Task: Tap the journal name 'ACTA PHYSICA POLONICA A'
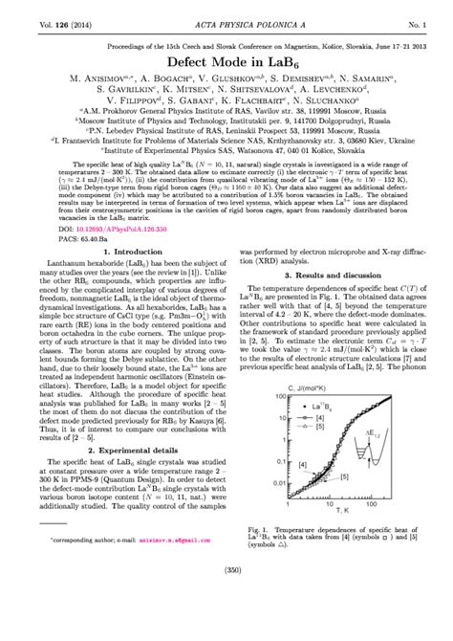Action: point(226,11)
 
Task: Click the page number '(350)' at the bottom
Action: point(226,624)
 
